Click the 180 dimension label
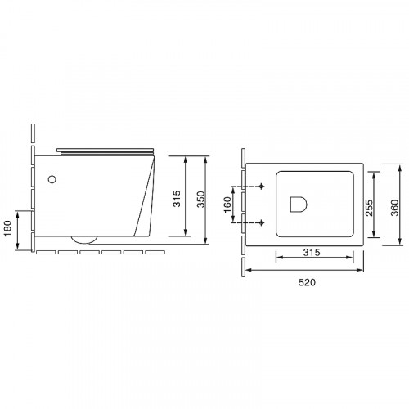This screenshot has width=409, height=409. pyautogui.click(x=7, y=228)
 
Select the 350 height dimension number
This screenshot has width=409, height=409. pyautogui.click(x=201, y=200)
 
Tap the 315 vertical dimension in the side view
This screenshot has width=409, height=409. pyautogui.click(x=177, y=199)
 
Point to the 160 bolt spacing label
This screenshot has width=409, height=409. pyautogui.click(x=227, y=204)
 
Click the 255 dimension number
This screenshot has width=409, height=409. pyautogui.click(x=369, y=208)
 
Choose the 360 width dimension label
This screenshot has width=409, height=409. pyautogui.click(x=394, y=208)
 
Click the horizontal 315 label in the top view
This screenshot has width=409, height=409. pyautogui.click(x=312, y=252)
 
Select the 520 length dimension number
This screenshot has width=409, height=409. pyautogui.click(x=307, y=282)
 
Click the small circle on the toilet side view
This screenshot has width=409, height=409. pyautogui.click(x=52, y=179)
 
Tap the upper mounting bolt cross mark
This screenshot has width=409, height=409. pyautogui.click(x=262, y=187)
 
